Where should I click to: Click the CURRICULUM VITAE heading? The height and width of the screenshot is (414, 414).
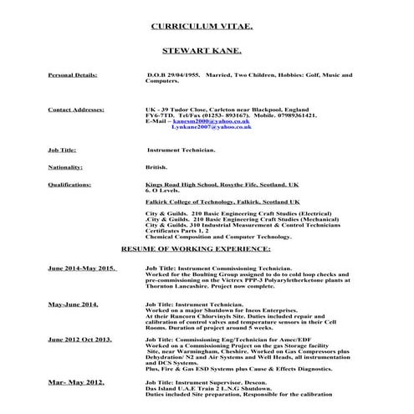[x=205, y=26]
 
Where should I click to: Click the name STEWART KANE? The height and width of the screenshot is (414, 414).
[x=206, y=51]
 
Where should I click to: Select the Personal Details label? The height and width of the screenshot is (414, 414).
[x=72, y=75]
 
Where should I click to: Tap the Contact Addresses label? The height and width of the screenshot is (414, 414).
[x=76, y=110]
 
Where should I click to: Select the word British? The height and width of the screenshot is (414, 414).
[x=156, y=166]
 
